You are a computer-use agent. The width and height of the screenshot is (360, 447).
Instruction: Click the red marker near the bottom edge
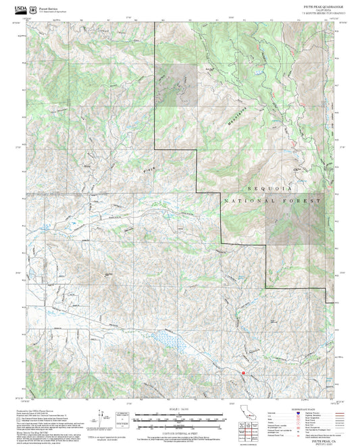click(242, 373)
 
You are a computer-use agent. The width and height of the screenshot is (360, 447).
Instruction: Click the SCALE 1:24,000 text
click(179, 408)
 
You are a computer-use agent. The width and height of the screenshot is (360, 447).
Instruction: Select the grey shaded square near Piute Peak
click(177, 86)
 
